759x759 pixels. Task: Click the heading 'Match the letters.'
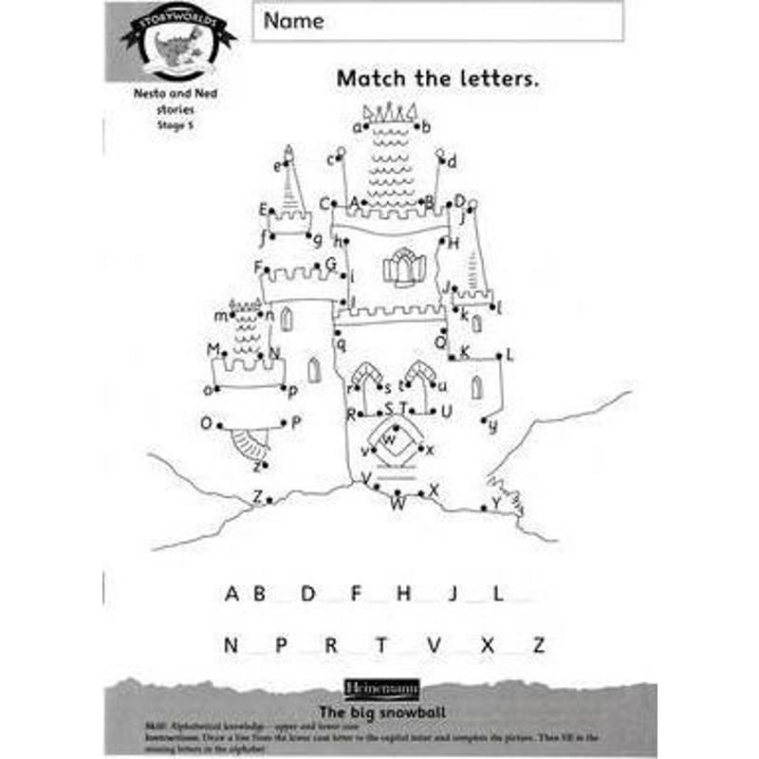437,79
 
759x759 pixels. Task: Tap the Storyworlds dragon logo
178,43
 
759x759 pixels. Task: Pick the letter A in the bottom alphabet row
232,594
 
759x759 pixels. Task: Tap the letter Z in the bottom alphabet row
538,645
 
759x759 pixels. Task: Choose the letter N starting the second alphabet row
231,645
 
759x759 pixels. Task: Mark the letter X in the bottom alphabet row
488,645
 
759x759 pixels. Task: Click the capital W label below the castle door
398,505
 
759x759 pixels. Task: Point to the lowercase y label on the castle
492,426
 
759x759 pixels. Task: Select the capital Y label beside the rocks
495,502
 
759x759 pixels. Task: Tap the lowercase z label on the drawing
256,466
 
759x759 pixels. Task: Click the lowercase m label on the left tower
221,315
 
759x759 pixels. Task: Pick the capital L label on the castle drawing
509,356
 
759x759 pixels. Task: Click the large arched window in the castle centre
404,267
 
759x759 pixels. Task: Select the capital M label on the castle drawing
213,350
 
